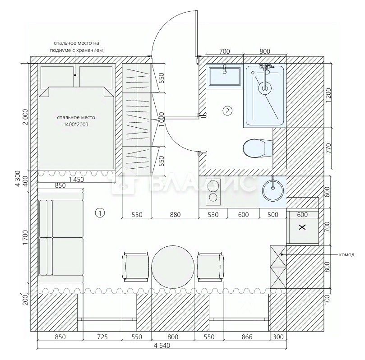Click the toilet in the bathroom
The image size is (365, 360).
click(257, 148)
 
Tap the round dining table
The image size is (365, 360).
click(173, 267)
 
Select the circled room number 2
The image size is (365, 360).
click(227, 111)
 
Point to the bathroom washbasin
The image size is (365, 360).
click(225, 76)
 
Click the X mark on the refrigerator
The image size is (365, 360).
click(302, 227)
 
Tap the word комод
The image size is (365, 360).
click(347, 254)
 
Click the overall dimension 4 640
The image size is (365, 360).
click(162, 346)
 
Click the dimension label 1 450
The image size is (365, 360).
click(76, 180)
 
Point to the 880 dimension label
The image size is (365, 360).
click(175, 214)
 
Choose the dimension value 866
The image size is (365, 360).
click(247, 337)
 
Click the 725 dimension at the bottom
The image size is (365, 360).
click(102, 337)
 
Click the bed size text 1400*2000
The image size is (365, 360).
click(76, 125)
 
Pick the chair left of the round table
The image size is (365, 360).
click(135, 267)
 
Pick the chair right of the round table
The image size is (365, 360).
click(210, 267)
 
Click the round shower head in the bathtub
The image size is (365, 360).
click(265, 88)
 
